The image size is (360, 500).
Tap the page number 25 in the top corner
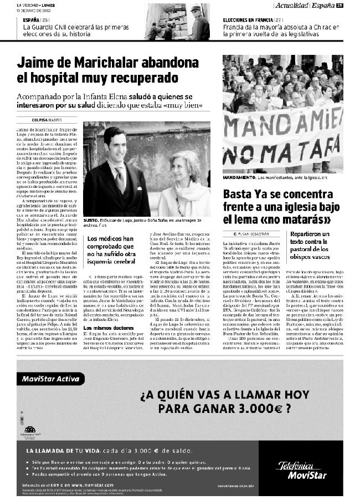click(340, 6)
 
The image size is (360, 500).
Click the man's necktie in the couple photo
click(120, 179)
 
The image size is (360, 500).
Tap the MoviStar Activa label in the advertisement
click(49, 380)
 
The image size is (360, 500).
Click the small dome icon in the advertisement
click(30, 429)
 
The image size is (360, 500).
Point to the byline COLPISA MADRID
click(47, 120)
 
